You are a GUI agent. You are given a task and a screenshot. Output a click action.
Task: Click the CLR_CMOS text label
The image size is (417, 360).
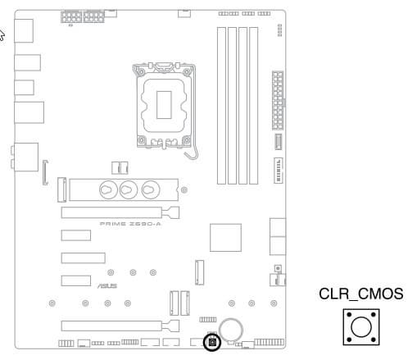click(x=360, y=294)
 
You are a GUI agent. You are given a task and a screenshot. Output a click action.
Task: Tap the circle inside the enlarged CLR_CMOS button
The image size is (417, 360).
click(x=361, y=327)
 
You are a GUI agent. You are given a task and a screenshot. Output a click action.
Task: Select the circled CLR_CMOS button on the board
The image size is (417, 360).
click(x=212, y=342)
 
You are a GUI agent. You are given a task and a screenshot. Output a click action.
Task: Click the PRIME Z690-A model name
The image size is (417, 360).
click(x=130, y=224)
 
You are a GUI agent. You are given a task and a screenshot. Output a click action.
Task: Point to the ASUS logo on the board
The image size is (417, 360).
click(x=107, y=286)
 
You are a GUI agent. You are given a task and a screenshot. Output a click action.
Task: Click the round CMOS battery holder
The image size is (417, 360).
click(x=231, y=330)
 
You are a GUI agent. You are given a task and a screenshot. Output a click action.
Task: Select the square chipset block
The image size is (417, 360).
click(x=225, y=237)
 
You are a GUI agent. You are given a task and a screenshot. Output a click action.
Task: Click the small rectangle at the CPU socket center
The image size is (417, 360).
click(x=164, y=105)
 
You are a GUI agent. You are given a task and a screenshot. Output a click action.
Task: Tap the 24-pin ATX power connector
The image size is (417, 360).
click(x=278, y=100)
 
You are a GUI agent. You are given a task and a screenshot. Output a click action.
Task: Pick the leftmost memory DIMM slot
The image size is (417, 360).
click(x=221, y=106)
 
